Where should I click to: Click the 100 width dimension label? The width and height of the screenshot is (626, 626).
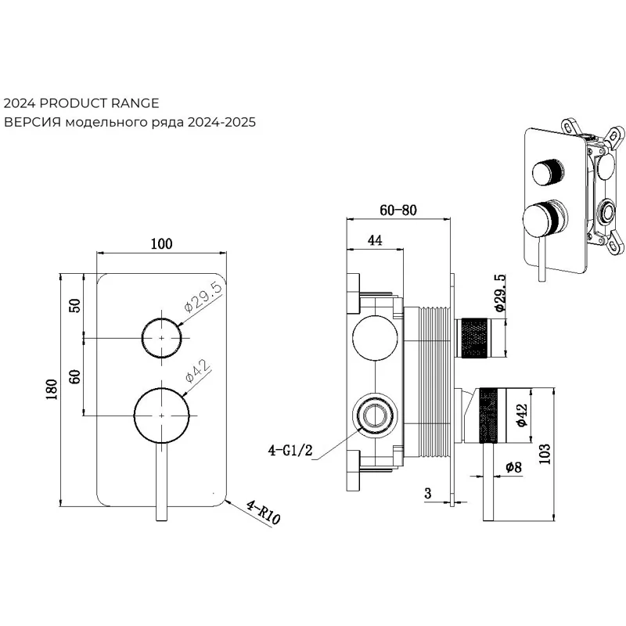160,244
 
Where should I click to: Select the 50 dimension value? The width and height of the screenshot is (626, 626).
76,305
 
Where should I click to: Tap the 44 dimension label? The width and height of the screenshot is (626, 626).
374,242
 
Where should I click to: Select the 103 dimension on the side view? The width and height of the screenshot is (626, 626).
545,451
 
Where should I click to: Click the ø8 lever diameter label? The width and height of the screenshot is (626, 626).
513,466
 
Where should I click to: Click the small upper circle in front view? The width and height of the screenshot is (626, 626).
162,337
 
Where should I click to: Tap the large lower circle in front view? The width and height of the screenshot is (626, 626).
162,412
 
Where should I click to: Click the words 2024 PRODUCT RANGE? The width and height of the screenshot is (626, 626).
81,103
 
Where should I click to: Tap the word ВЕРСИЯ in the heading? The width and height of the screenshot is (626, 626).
32,122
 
